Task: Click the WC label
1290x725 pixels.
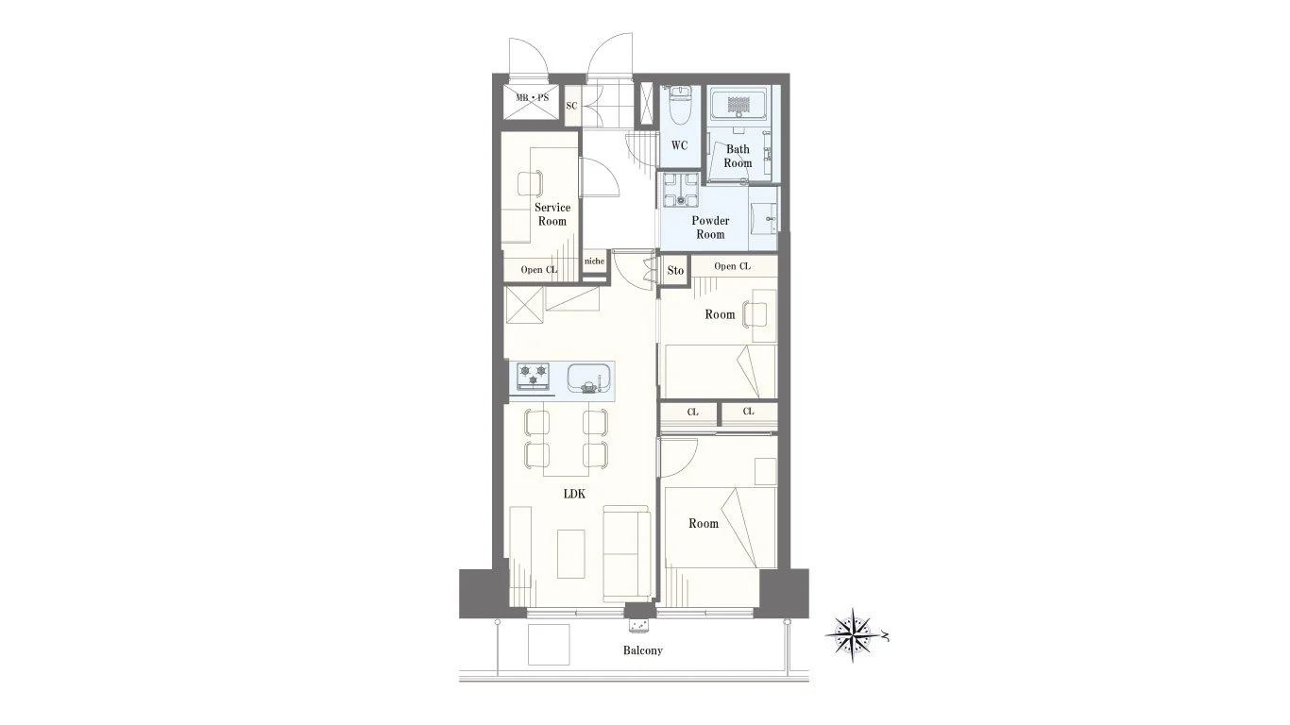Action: (680, 145)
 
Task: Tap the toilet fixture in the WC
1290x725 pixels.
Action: (680, 106)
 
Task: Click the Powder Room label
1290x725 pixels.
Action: (710, 228)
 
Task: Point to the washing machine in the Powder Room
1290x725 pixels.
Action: (680, 190)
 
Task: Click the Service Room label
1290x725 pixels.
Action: (552, 214)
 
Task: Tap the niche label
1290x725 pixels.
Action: (594, 261)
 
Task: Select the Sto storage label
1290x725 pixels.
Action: (675, 270)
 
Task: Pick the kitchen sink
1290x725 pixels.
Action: (589, 379)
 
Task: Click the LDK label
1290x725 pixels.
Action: (574, 494)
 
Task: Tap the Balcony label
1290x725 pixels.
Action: (643, 650)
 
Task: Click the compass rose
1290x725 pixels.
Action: (854, 635)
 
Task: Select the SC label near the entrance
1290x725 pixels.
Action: (571, 106)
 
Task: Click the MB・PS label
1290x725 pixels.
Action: (532, 98)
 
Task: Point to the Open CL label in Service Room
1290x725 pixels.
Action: (539, 269)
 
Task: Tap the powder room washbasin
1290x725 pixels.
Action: (764, 218)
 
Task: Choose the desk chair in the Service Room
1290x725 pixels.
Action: (127, 184)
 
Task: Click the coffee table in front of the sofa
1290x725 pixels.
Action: (167, 553)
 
